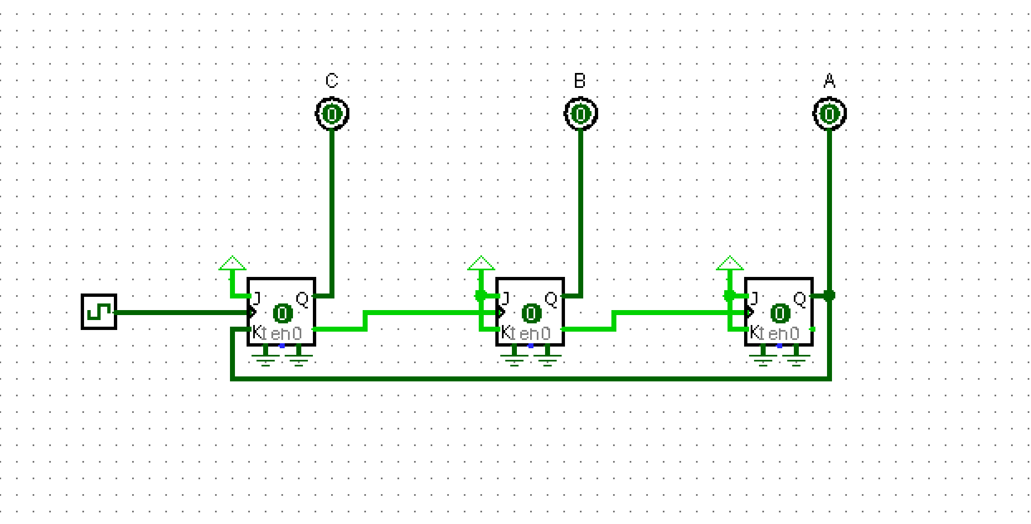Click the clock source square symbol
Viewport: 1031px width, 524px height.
[x=99, y=312]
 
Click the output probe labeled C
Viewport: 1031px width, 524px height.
[x=332, y=114]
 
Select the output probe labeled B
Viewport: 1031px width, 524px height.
[x=580, y=114]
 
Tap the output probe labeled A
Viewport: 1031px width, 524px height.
[x=829, y=114]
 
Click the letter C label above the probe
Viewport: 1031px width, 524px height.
[x=332, y=81]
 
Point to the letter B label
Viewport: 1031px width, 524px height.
[x=579, y=81]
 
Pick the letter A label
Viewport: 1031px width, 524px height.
[x=829, y=81]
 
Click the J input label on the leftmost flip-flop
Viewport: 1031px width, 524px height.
[x=257, y=299]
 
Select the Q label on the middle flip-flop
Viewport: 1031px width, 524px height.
[x=551, y=299]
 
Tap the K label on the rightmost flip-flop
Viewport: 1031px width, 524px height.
[x=755, y=332]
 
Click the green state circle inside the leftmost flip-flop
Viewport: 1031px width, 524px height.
[x=282, y=313]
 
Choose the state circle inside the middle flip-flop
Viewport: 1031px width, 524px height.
[x=531, y=313]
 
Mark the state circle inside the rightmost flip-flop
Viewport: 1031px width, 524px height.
[x=780, y=313]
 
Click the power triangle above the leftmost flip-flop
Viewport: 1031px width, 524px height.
[x=232, y=263]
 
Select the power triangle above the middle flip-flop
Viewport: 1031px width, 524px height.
[x=481, y=263]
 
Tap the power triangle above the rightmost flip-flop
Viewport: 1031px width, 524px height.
[x=730, y=263]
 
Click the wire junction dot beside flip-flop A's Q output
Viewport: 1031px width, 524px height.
[x=829, y=296]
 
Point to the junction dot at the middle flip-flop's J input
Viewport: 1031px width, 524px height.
[x=480, y=296]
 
